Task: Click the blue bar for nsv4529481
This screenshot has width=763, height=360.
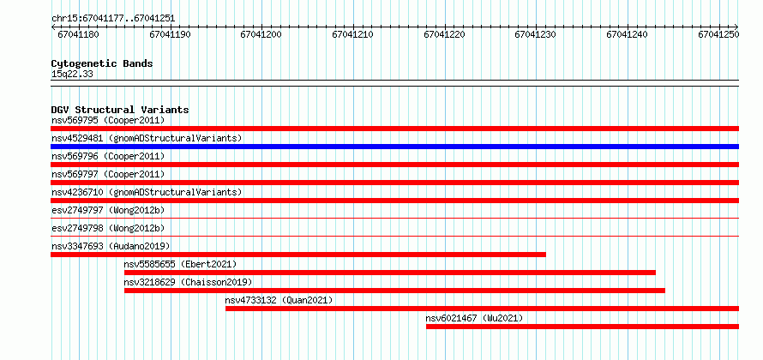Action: [394, 147]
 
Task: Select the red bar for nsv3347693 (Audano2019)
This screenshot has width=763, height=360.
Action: [298, 255]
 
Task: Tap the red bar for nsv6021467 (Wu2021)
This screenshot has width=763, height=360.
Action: [582, 327]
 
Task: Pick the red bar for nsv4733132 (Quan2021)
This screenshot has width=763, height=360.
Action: [482, 309]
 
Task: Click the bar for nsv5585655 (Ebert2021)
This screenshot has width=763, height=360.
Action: [390, 273]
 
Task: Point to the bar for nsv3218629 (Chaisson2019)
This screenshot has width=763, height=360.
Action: [394, 291]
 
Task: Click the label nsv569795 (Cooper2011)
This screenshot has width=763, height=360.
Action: [108, 120]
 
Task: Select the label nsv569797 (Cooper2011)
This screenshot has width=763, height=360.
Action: [108, 174]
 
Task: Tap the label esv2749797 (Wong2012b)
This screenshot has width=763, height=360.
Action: [108, 210]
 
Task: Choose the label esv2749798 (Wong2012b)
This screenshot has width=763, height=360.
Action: [108, 228]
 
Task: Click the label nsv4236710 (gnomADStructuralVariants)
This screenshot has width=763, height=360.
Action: [147, 192]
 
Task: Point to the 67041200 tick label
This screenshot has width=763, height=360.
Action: [261, 34]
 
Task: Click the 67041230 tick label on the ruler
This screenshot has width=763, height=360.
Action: [535, 34]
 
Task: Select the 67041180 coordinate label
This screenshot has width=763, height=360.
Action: [78, 34]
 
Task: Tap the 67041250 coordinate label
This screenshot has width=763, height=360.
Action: [718, 34]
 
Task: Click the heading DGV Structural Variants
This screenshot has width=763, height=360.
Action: [120, 110]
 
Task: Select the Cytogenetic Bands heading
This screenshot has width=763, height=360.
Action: [102, 63]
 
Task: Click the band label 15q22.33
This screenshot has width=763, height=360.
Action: [72, 75]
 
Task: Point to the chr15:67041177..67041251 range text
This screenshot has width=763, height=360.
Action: [113, 19]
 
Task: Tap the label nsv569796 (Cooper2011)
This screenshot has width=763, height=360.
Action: [108, 156]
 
